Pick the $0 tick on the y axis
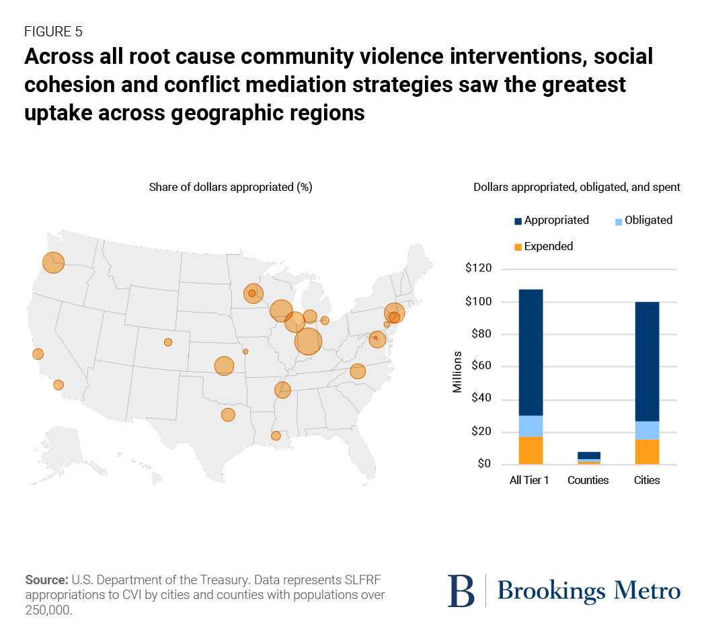click(484, 464)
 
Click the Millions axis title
click(457, 372)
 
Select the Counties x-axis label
click(588, 480)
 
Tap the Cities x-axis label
click(647, 480)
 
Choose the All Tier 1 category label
click(530, 480)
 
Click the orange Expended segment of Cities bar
click(647, 452)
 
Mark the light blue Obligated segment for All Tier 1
click(531, 426)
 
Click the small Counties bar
click(589, 458)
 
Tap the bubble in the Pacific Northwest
click(53, 262)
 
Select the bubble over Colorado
click(168, 342)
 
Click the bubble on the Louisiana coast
click(276, 436)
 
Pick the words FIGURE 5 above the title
click(53, 32)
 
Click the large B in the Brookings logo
click(461, 591)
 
